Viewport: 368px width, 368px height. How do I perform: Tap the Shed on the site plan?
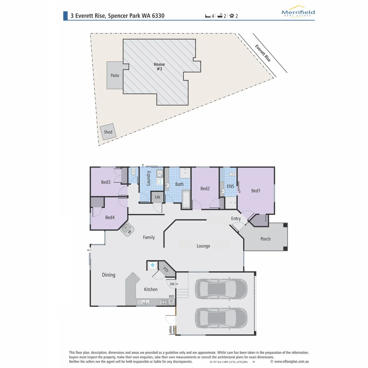coord(108,132)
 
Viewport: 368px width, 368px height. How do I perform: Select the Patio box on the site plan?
coord(115,75)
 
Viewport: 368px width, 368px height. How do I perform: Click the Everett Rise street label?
coord(263,53)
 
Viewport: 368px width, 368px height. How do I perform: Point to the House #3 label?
coord(159,66)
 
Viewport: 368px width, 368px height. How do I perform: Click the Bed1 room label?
coord(256,191)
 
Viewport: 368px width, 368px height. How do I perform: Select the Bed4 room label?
coord(110,217)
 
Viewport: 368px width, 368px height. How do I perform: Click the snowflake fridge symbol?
coord(152,265)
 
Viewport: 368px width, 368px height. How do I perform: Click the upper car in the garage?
coord(221,288)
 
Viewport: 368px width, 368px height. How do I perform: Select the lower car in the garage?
coord(221,318)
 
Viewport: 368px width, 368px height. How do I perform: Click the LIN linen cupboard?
coord(157,197)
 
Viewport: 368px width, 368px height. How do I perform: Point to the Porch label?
coord(265,239)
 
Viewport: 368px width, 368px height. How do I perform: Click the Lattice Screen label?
coord(172,330)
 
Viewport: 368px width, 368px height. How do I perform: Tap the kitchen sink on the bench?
coord(145,302)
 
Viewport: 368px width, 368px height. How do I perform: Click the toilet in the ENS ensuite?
coord(232,174)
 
